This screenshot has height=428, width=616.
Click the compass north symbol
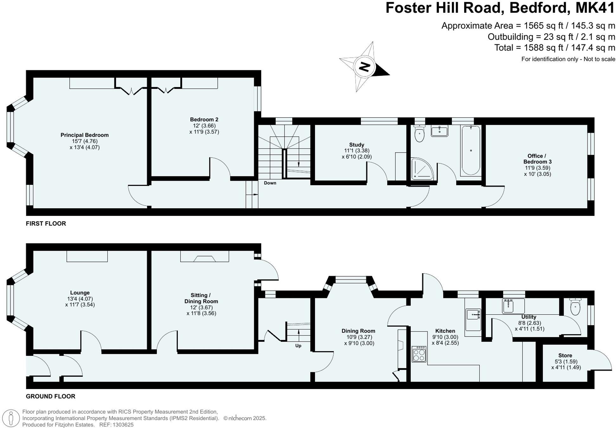(x=365, y=67)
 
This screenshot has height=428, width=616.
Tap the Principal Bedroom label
(x=85, y=135)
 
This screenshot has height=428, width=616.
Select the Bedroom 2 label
(x=204, y=120)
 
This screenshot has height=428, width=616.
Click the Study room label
(x=356, y=145)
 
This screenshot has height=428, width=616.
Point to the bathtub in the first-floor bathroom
(x=471, y=150)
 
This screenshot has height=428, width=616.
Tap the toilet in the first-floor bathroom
(x=420, y=134)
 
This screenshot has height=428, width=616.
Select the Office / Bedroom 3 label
(x=537, y=159)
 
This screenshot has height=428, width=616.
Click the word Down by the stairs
(x=270, y=183)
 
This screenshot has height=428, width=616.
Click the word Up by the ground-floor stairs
(x=298, y=346)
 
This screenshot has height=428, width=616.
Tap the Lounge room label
(x=80, y=293)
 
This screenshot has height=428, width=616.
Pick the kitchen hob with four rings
(x=419, y=354)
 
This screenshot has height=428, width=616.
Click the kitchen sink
(x=473, y=315)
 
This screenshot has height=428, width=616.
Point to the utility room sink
(x=508, y=306)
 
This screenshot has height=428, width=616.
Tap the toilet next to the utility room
(x=575, y=307)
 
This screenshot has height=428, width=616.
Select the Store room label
(x=565, y=356)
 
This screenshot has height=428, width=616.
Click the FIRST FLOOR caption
(x=46, y=223)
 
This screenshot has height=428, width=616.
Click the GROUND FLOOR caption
(x=51, y=396)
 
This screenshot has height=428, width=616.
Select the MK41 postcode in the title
(x=595, y=8)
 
